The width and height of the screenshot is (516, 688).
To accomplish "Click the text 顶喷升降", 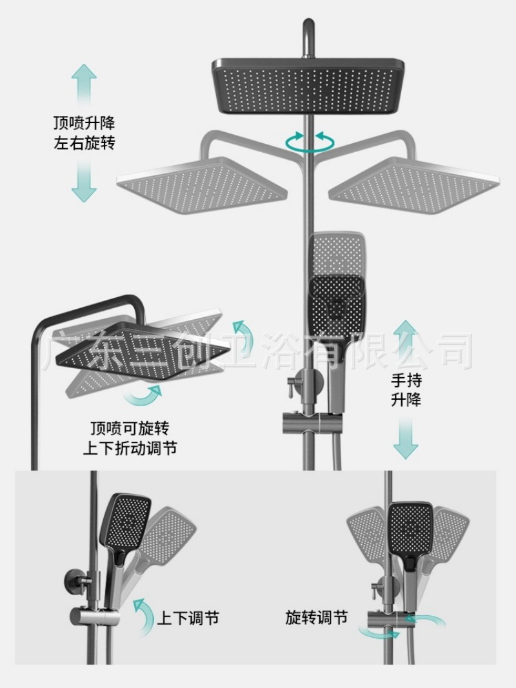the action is [84, 123].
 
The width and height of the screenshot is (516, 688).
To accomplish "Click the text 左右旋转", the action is [84, 143].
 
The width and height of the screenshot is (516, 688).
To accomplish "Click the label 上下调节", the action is [188, 618].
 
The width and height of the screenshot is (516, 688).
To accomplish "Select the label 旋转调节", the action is [316, 617].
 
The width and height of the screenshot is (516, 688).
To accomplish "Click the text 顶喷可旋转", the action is [130, 428].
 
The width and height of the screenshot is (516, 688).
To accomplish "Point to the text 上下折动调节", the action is [130, 448].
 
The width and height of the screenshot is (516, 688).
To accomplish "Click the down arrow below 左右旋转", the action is [84, 180].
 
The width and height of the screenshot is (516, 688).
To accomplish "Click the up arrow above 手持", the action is [406, 342].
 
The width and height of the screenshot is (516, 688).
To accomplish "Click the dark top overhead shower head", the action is [310, 86].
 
